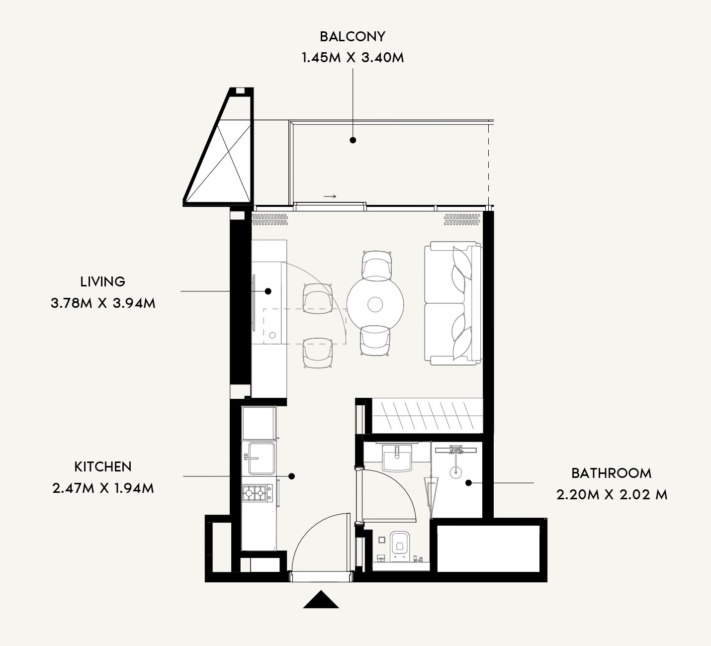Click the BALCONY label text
pyautogui.click(x=353, y=36)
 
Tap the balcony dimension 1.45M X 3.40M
pyautogui.click(x=353, y=57)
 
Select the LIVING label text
pyautogui.click(x=103, y=281)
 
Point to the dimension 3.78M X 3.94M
pyautogui.click(x=103, y=303)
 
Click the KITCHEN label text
pyautogui.click(x=103, y=466)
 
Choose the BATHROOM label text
pyautogui.click(x=612, y=473)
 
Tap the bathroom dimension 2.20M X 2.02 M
pyautogui.click(x=612, y=495)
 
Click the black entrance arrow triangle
pyautogui.click(x=321, y=599)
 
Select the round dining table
pyautogui.click(x=375, y=304)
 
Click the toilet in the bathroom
pyautogui.click(x=400, y=547)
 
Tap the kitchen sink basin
pyautogui.click(x=262, y=458)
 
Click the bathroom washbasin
pyautogui.click(x=397, y=458)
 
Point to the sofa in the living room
pyautogui.click(x=452, y=303)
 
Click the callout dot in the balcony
pyautogui.click(x=353, y=140)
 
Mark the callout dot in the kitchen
pyautogui.click(x=291, y=476)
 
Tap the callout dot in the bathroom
pyautogui.click(x=468, y=482)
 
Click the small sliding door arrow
pyautogui.click(x=330, y=196)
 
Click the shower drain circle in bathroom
pyautogui.click(x=455, y=471)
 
